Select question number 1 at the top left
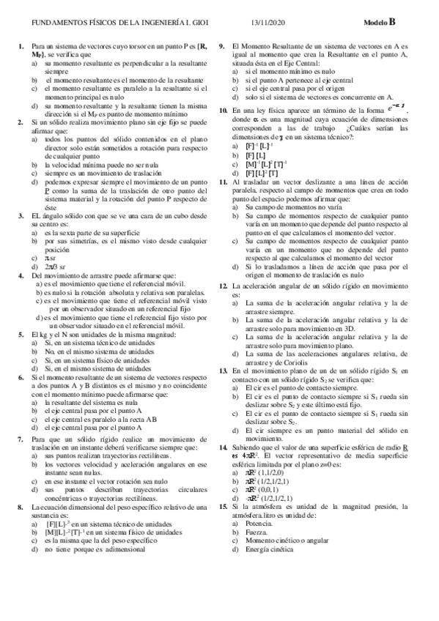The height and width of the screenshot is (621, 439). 21,47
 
